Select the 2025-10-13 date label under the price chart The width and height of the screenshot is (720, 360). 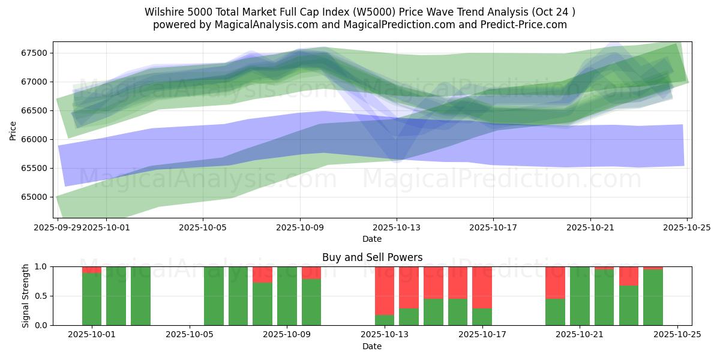pyautogui.click(x=396, y=227)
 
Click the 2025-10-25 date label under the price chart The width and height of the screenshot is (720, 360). pyautogui.click(x=687, y=227)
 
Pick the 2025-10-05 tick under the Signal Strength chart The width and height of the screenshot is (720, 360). pyautogui.click(x=190, y=335)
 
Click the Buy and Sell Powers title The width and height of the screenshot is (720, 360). pyautogui.click(x=372, y=257)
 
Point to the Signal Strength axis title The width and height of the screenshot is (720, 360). pyautogui.click(x=25, y=296)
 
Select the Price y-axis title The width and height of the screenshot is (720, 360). pyautogui.click(x=13, y=130)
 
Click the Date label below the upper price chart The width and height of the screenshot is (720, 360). pyautogui.click(x=372, y=239)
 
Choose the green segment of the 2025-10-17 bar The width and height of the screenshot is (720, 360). pyautogui.click(x=482, y=317)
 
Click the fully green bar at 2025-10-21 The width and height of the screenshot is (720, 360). pyautogui.click(x=580, y=296)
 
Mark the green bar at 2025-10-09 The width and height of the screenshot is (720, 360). pyautogui.click(x=287, y=296)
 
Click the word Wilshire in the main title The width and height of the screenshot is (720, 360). pyautogui.click(x=163, y=12)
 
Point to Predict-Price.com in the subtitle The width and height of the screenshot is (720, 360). pyautogui.click(x=526, y=25)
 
